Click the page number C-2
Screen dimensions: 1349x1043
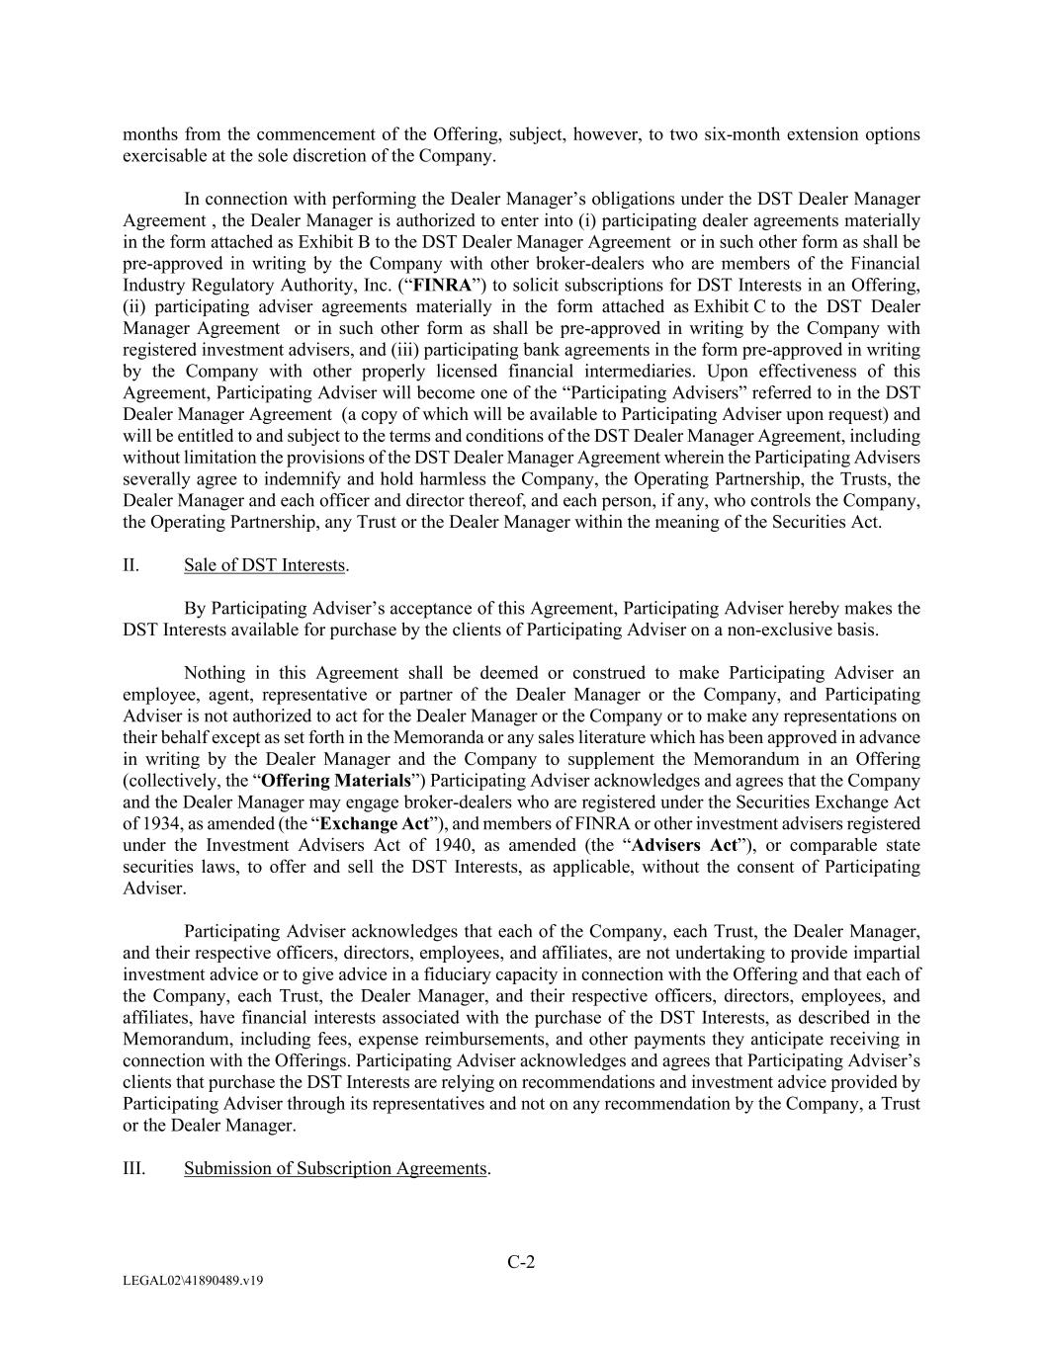(521, 1262)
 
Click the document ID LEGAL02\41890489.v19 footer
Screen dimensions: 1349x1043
(193, 1281)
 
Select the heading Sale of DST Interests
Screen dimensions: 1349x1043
(264, 565)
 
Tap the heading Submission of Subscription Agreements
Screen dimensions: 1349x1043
(335, 1168)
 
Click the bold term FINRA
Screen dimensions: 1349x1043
(439, 286)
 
